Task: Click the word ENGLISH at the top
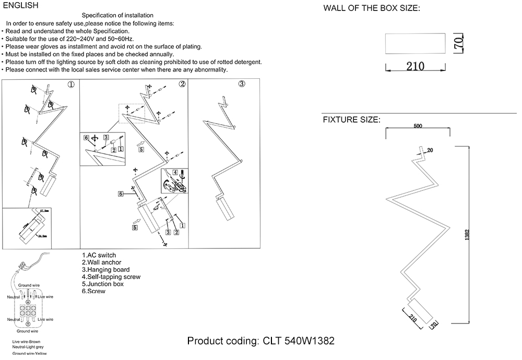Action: click(x=21, y=6)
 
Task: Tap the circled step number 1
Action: click(x=72, y=85)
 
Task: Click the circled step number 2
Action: click(x=182, y=84)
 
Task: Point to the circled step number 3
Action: click(x=242, y=85)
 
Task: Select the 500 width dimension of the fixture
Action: click(x=417, y=126)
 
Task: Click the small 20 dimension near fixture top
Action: click(x=431, y=150)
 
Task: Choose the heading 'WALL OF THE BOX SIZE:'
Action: click(x=372, y=8)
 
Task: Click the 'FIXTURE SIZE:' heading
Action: click(x=351, y=119)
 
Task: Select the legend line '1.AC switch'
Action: click(x=99, y=255)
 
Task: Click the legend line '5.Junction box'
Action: click(x=103, y=284)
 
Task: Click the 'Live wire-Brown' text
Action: click(x=30, y=341)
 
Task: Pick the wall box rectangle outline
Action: click(x=416, y=43)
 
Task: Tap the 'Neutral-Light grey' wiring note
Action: click(x=32, y=347)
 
